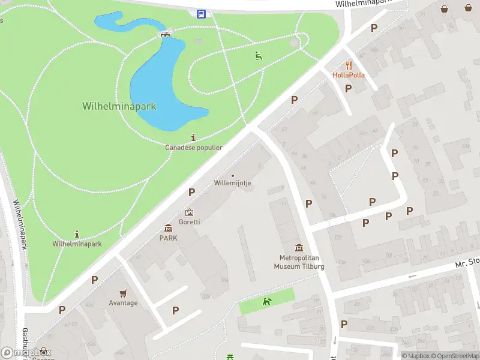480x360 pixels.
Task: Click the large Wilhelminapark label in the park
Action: tap(119, 106)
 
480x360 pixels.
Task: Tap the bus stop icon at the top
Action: tap(201, 14)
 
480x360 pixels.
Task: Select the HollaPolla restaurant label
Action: tap(349, 75)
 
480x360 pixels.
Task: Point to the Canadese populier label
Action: tap(194, 147)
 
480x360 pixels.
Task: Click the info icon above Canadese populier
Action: tap(193, 137)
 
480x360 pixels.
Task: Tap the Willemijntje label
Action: tap(233, 183)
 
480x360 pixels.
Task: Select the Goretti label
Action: tap(190, 221)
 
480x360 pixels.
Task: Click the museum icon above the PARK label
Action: tap(168, 228)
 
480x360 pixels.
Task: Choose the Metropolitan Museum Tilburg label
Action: tap(299, 262)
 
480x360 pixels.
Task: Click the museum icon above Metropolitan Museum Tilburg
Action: tap(299, 248)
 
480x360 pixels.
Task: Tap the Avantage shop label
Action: tap(123, 303)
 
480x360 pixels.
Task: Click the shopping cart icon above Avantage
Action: tap(123, 293)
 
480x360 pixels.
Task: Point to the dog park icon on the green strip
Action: tap(267, 301)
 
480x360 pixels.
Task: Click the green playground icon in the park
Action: tap(258, 56)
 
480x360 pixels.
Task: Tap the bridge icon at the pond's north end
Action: tap(164, 34)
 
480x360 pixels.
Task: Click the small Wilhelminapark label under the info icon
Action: tap(77, 244)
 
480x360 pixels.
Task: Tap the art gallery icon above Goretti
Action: tap(190, 212)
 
